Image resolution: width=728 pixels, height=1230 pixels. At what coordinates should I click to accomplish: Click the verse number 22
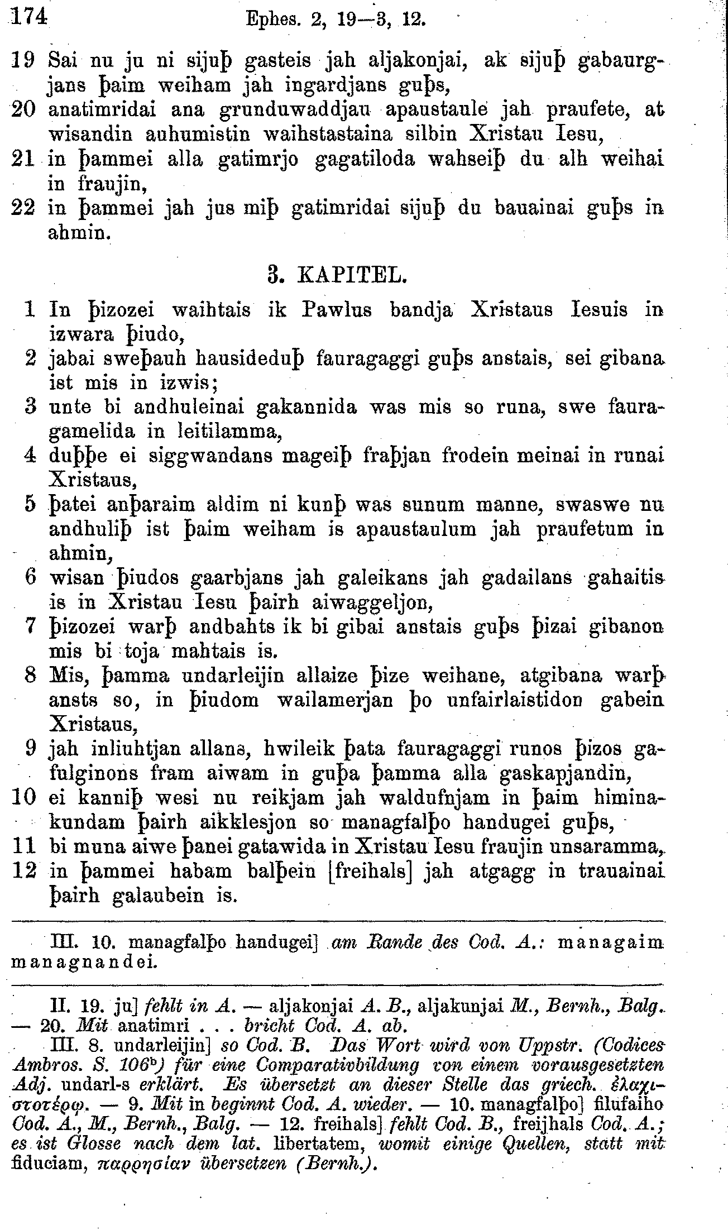[x=24, y=208]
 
